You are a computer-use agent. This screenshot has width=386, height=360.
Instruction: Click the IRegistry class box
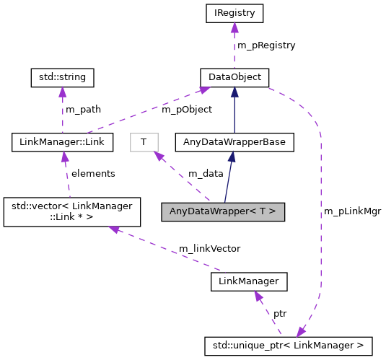(x=234, y=12)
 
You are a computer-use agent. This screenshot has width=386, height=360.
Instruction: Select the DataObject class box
(x=234, y=76)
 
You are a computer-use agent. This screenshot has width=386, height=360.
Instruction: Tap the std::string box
(x=62, y=76)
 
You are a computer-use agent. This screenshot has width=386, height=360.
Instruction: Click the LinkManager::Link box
(x=63, y=142)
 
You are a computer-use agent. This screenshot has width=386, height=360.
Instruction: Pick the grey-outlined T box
(x=144, y=142)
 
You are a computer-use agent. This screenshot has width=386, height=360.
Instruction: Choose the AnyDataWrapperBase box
(x=234, y=142)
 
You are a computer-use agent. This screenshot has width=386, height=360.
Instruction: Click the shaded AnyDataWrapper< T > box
(x=223, y=212)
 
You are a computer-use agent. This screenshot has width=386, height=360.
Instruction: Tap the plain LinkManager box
(x=249, y=281)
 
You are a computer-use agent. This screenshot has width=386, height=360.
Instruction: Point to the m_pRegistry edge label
(x=266, y=45)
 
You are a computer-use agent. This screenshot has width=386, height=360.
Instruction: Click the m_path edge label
(x=83, y=110)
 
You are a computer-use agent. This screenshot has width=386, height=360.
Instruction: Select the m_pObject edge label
(x=187, y=110)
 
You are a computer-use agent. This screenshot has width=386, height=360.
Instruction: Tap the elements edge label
(x=92, y=174)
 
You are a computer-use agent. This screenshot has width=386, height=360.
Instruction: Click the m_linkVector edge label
(x=210, y=248)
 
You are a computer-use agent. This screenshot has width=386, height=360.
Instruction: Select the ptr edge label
(x=279, y=314)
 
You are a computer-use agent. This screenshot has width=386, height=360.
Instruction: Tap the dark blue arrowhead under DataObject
(x=234, y=92)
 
